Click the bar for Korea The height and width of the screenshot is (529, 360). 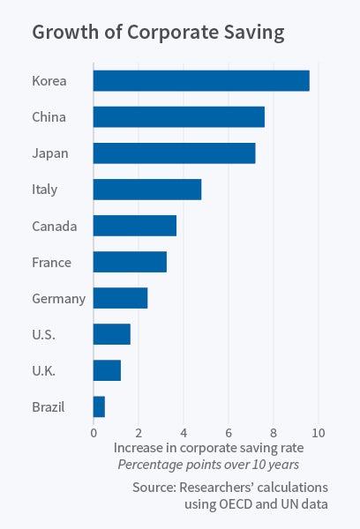tap(201, 81)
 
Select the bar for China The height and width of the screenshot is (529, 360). tap(178, 117)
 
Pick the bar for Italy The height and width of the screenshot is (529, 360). tap(147, 190)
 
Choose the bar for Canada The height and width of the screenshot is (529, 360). tap(135, 226)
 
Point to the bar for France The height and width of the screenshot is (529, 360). tap(130, 262)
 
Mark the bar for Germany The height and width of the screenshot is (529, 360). tap(120, 298)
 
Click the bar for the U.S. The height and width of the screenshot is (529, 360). tap(112, 334)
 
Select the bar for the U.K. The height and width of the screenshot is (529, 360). tap(107, 370)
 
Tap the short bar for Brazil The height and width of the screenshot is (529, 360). tap(99, 406)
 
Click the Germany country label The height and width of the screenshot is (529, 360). tap(58, 299)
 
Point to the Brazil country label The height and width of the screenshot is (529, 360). tap(48, 406)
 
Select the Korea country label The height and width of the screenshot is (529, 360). tap(49, 82)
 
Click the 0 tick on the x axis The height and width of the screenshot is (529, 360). tap(94, 433)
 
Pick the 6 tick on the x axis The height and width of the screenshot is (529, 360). tap(229, 433)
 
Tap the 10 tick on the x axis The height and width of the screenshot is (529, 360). tap(319, 433)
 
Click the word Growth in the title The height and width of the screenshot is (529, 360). tap(64, 34)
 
